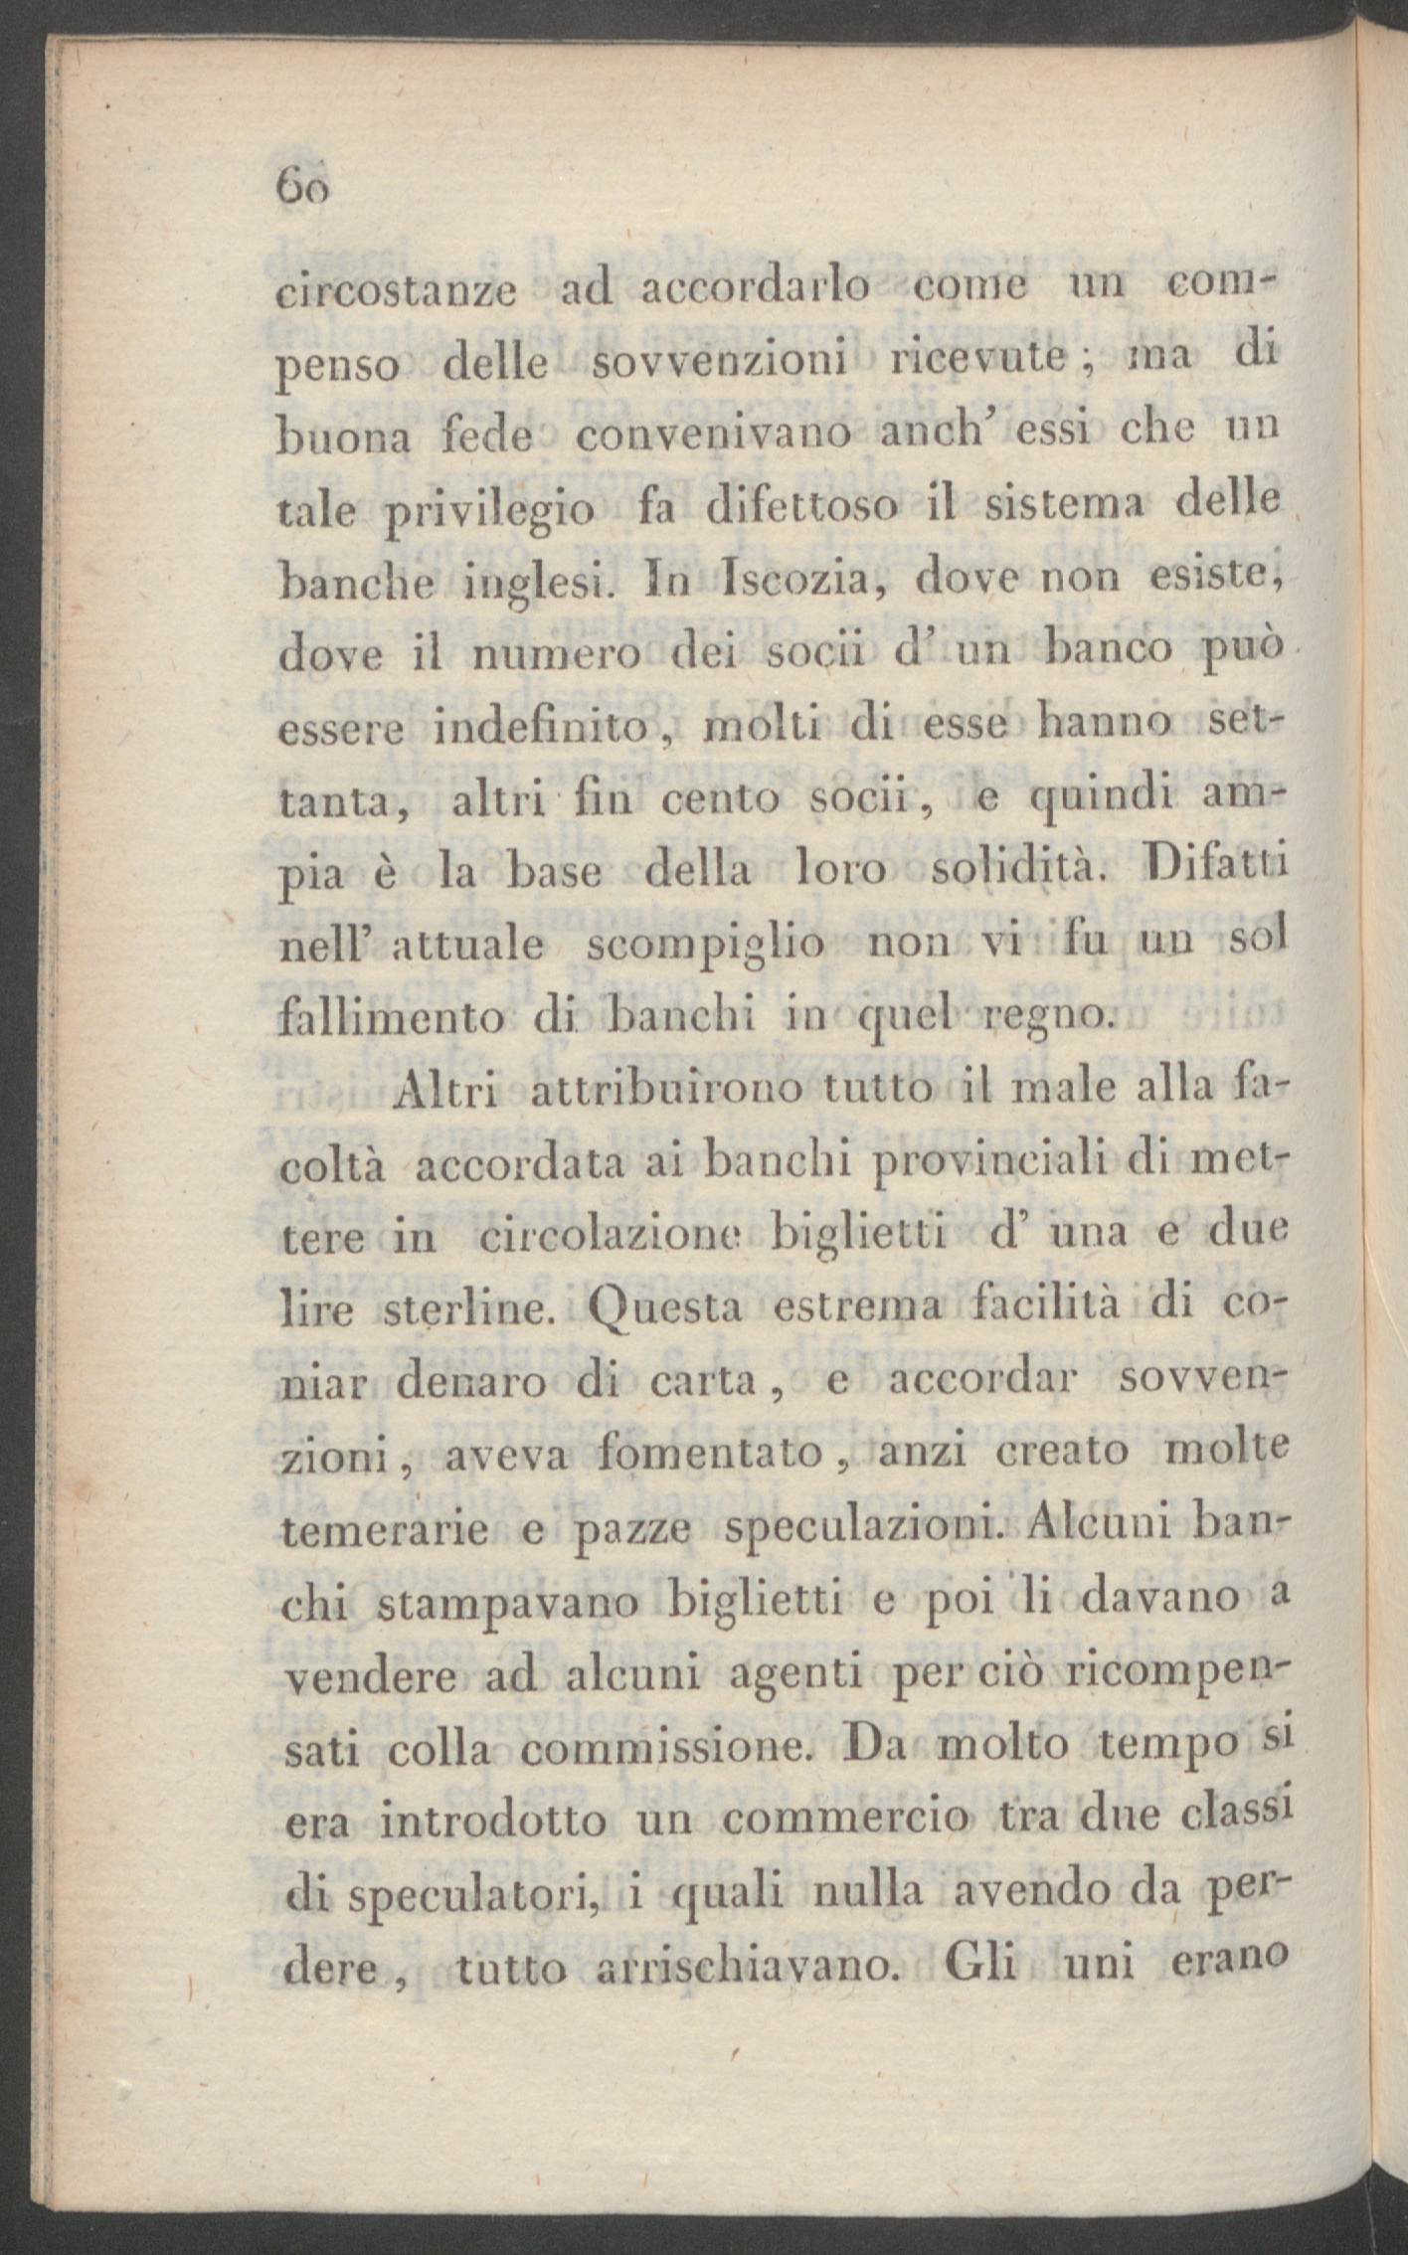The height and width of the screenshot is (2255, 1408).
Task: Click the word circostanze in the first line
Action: [x=396, y=295]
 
